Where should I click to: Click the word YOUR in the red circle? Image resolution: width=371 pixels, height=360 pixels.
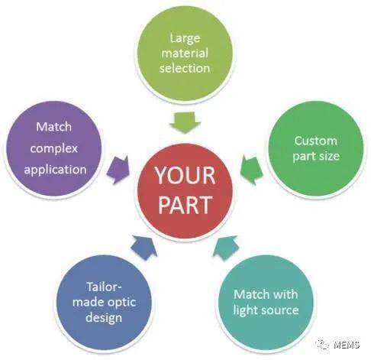pos(185,175)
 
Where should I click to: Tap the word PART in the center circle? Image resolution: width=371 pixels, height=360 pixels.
pos(185,204)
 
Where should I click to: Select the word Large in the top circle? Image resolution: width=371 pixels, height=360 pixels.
pos(185,39)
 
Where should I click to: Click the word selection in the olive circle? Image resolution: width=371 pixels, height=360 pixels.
pos(185,68)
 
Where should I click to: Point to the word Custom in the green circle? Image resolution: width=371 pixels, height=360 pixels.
pos(315,141)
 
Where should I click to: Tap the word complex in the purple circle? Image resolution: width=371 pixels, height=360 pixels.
pos(54,149)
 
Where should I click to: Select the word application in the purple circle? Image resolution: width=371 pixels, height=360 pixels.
pos(55,170)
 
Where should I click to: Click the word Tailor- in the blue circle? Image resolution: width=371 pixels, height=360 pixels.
pos(105,287)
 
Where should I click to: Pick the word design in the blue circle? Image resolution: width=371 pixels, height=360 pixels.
pos(104,318)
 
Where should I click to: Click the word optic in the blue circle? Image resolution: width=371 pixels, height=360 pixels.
pos(121,303)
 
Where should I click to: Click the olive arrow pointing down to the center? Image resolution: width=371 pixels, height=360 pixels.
pos(185,122)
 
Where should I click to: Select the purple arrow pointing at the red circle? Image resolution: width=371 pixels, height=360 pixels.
pos(118,170)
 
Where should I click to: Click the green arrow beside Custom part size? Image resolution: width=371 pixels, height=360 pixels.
pos(251,170)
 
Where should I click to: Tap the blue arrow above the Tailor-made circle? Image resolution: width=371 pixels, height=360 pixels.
pos(144,247)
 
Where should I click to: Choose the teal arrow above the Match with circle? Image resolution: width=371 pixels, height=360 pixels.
pos(226,248)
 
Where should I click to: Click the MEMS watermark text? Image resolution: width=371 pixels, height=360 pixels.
pos(347,345)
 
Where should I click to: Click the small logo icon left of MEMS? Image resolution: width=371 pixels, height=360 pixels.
pos(323,344)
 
